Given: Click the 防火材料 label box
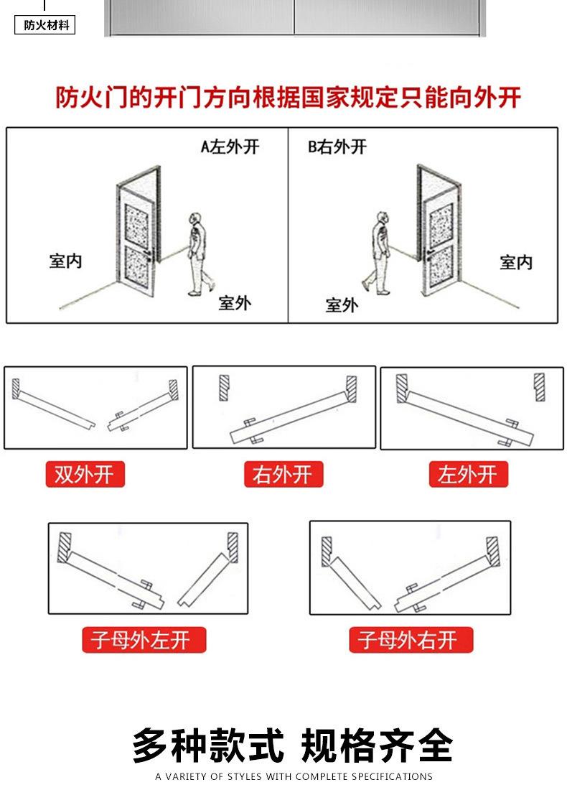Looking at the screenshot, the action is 45,26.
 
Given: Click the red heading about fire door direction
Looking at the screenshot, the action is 289,97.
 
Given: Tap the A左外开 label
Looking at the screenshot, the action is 229,147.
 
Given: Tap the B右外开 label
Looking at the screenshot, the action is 337,147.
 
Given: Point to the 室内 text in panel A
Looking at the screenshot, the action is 65,261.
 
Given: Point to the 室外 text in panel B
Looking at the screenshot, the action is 341,305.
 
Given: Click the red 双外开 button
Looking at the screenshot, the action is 85,475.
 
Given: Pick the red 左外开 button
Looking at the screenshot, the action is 468,475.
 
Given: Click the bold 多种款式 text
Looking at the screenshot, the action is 207,745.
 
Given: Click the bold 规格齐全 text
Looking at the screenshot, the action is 378,745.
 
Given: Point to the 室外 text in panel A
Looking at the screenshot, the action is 235,303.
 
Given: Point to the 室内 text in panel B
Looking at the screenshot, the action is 516,263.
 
